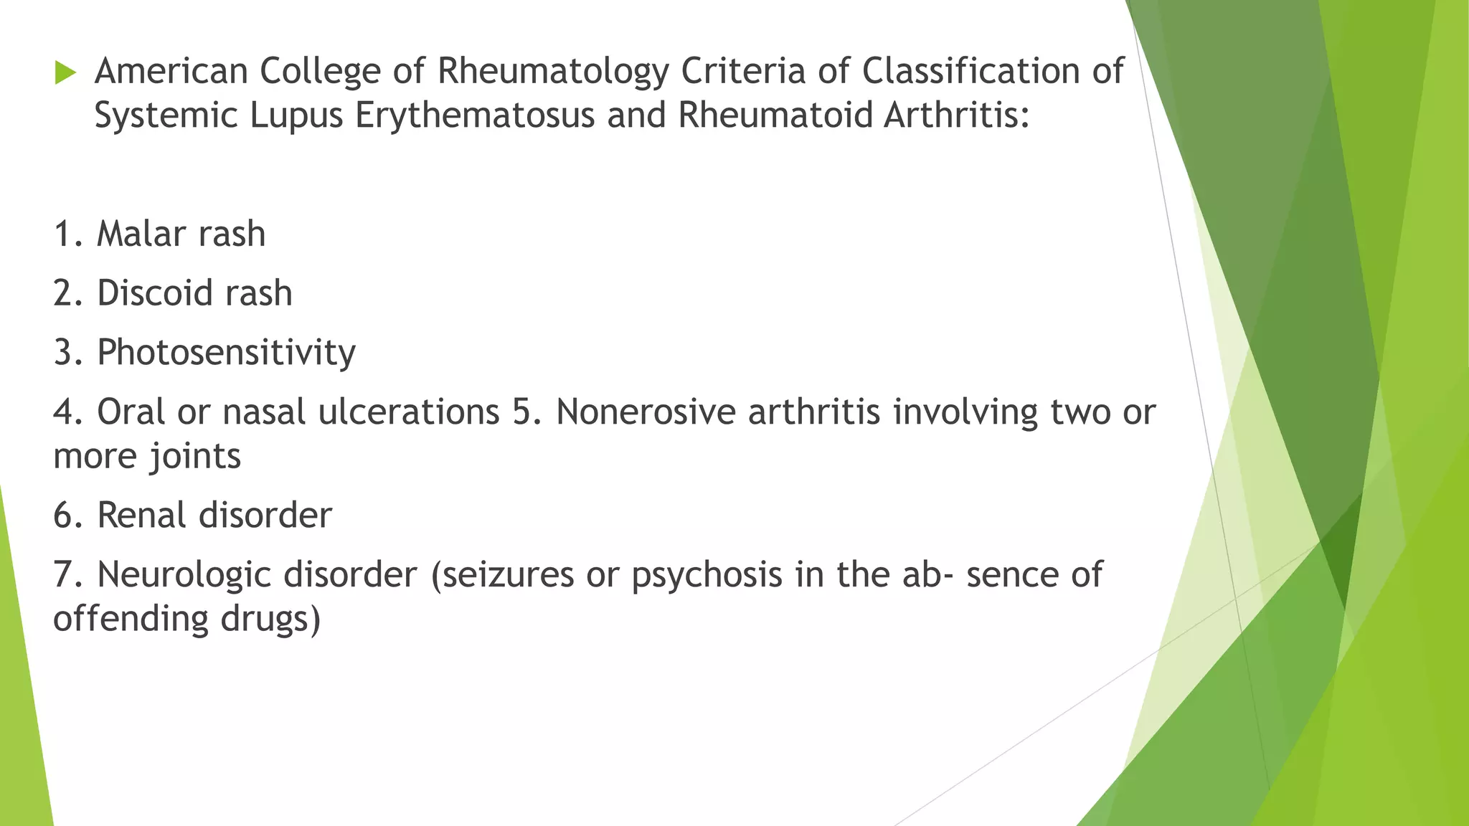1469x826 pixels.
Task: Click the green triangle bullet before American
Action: tap(65, 72)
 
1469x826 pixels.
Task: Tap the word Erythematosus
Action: tap(475, 115)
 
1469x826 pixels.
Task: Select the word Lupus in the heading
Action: tap(297, 115)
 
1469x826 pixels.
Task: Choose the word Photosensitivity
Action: tap(226, 353)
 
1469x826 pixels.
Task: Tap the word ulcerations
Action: tap(409, 412)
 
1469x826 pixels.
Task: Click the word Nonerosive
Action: tap(646, 412)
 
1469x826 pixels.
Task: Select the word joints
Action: tap(195, 457)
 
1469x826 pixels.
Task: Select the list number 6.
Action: tap(67, 516)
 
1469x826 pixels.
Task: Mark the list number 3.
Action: tap(67, 353)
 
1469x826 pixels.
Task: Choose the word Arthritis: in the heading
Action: tap(957, 115)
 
